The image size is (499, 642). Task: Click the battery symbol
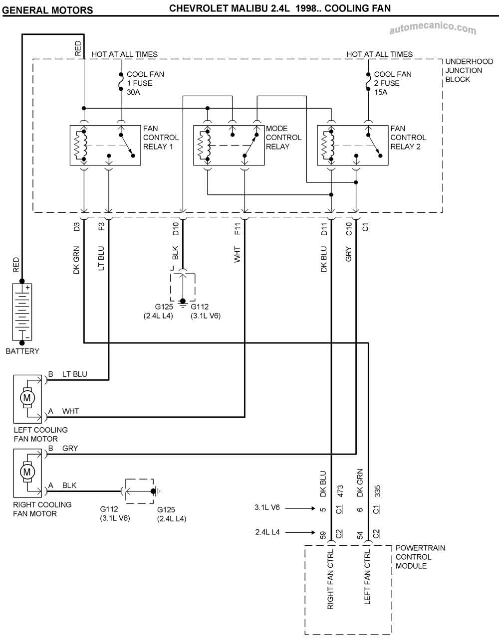[x=22, y=312]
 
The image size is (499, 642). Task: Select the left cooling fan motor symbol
[x=27, y=398]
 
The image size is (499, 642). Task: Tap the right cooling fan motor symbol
[x=27, y=472]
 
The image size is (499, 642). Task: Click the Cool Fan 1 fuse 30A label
[x=145, y=83]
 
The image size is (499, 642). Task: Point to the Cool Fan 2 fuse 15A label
[x=392, y=83]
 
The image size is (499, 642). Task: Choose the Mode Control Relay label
[x=283, y=138]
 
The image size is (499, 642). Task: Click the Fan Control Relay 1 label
[x=161, y=138]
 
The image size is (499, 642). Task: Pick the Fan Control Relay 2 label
[x=408, y=138]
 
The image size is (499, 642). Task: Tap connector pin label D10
[x=176, y=229]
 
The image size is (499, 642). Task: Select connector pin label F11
[x=238, y=229]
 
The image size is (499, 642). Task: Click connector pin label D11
[x=324, y=229]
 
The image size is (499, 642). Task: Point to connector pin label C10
[x=349, y=229]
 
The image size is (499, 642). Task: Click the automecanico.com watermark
[x=432, y=29]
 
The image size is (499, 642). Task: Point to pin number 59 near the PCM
[x=323, y=535]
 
